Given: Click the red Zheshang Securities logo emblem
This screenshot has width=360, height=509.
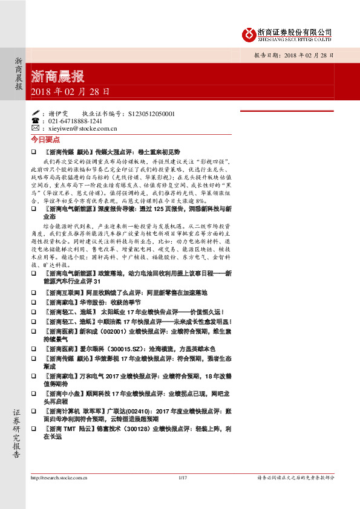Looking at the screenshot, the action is [x=248, y=34].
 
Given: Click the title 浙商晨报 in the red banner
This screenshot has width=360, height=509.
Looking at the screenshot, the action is [x=57, y=77].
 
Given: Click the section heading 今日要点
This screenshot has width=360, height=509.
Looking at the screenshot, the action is [x=44, y=139].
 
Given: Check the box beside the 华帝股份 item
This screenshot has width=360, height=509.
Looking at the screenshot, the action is [x=34, y=302].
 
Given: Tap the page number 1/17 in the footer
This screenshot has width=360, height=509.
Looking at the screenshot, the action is [x=181, y=478].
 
